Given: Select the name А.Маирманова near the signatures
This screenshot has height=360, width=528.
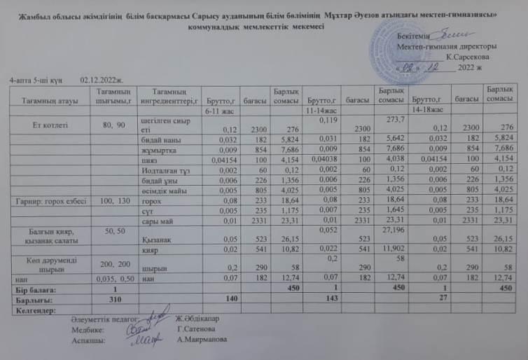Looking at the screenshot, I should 202,340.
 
